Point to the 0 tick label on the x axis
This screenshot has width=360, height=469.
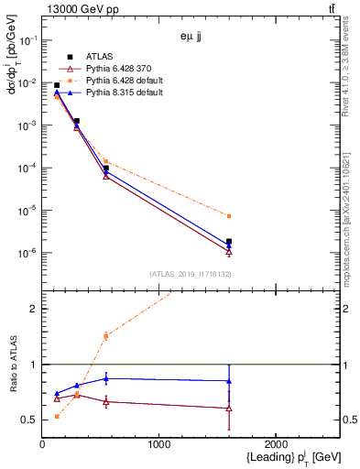point(42,445)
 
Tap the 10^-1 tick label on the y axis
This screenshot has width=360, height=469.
point(28,40)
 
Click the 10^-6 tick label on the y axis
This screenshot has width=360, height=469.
point(28,253)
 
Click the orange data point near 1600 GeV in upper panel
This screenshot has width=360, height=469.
point(229,216)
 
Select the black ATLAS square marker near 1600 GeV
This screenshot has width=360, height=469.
point(229,242)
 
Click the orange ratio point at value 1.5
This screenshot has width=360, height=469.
point(106,336)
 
